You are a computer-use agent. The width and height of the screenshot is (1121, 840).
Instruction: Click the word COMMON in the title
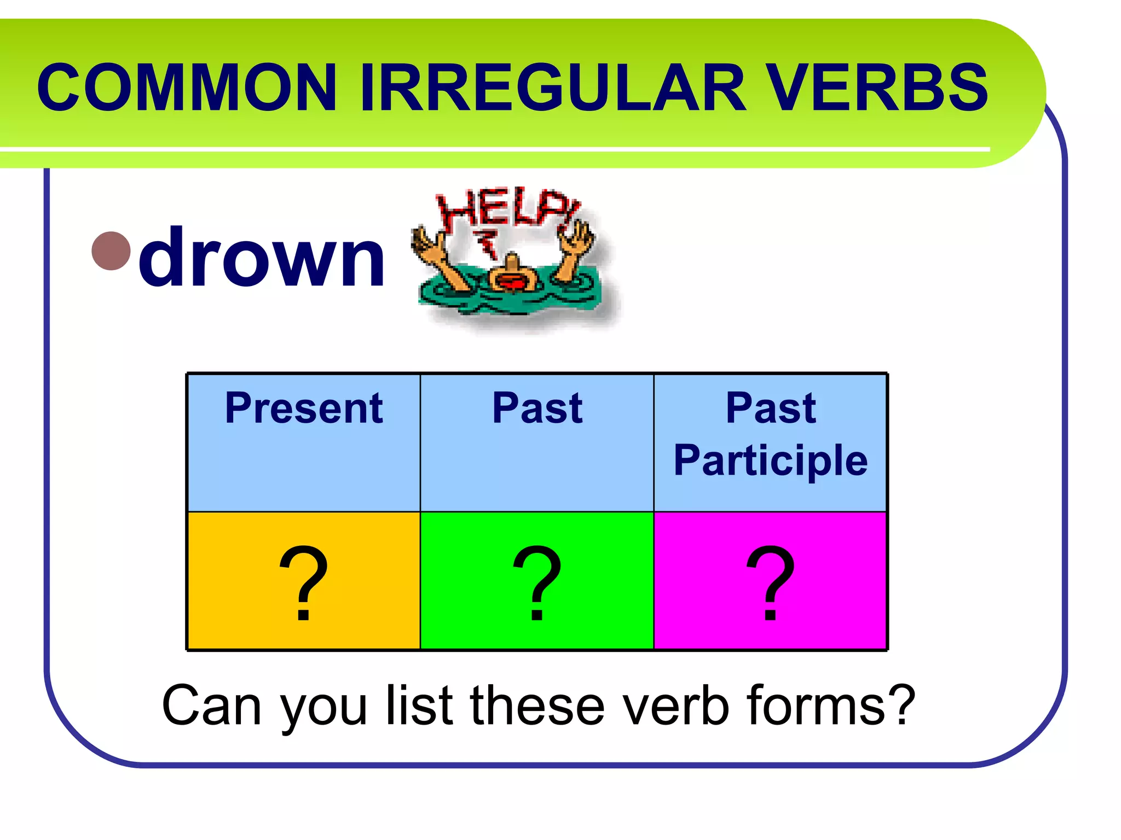[x=186, y=87]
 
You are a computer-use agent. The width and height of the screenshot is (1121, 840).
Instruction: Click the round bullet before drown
[x=111, y=251]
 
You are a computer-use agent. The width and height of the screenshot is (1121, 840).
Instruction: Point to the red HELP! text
[x=506, y=208]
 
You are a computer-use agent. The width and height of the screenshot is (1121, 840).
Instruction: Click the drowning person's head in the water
[x=512, y=277]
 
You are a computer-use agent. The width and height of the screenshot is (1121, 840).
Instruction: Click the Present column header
[x=304, y=409]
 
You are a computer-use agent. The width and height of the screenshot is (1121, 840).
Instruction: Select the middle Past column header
[x=537, y=409]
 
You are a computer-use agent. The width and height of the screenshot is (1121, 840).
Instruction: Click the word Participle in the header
[x=770, y=460]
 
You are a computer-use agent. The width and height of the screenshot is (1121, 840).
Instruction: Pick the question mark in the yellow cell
[x=304, y=582]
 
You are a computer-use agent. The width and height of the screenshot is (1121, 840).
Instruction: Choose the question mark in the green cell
[x=537, y=582]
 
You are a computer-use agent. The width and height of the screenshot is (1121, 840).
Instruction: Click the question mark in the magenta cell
[x=770, y=582]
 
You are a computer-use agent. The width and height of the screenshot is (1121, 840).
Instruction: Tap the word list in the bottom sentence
[x=419, y=705]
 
